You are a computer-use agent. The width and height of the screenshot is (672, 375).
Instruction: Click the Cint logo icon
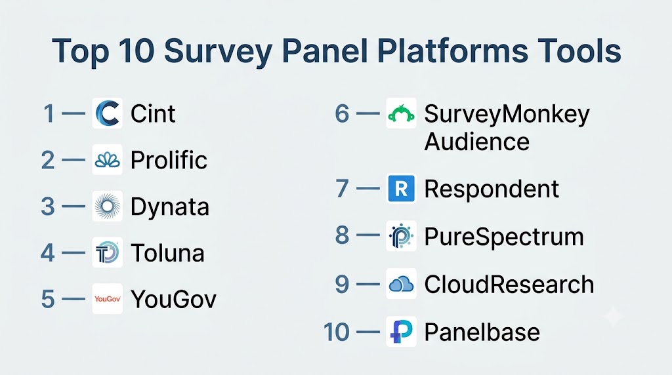click(107, 113)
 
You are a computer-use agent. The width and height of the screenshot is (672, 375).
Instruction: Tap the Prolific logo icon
click(107, 160)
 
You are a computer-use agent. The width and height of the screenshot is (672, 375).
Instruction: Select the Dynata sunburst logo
click(107, 206)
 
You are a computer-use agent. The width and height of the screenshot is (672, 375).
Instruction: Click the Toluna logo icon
click(107, 252)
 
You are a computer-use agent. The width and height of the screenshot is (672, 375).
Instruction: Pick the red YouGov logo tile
click(107, 298)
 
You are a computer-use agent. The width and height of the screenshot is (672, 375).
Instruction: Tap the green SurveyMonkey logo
click(401, 113)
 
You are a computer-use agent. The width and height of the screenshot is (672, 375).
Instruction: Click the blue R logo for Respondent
click(401, 188)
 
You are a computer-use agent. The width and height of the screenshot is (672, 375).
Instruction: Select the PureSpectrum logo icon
click(401, 236)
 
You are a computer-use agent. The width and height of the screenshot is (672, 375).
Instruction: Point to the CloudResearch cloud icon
click(401, 283)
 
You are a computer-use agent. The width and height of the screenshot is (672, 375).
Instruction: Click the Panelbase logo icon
click(401, 331)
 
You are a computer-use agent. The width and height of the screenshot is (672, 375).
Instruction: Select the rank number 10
click(337, 332)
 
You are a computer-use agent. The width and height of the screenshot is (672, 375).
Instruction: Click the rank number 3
click(48, 207)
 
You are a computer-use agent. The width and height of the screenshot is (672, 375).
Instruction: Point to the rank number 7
click(342, 188)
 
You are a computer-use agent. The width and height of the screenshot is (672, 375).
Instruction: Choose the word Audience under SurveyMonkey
click(476, 141)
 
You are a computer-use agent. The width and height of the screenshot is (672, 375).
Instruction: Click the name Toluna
click(167, 252)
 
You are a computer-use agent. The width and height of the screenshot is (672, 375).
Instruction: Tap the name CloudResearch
click(509, 285)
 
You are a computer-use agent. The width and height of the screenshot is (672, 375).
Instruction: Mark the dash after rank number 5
click(73, 299)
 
